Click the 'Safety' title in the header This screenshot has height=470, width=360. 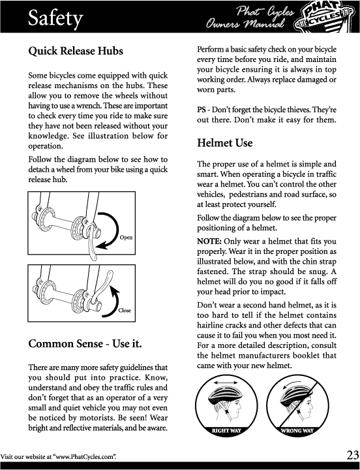click(55, 18)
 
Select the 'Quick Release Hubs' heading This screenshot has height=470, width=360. click(76, 51)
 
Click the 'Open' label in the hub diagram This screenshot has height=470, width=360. click(126, 238)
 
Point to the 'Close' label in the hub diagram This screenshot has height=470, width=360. click(125, 311)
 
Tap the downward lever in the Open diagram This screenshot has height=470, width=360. click(91, 243)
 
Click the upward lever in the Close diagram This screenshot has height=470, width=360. click(103, 285)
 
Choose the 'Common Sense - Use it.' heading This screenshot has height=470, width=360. click(85, 343)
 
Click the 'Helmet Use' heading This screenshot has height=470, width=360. click(224, 143)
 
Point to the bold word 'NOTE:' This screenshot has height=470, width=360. click(209, 242)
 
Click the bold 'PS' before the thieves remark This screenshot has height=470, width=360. click(201, 110)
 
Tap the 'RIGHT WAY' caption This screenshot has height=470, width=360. click(226, 431)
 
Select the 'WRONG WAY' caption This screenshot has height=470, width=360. click(297, 431)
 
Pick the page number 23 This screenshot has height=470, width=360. click(353, 455)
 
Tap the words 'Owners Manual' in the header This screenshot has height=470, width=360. click(245, 24)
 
